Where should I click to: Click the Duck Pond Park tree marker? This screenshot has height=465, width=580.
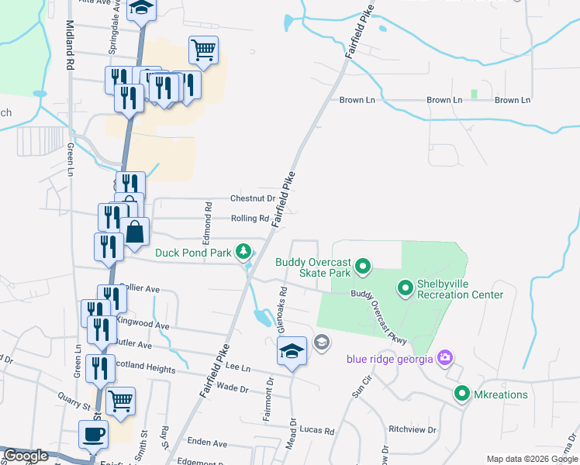[x=244, y=251]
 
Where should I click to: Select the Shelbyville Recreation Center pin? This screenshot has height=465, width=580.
[x=405, y=289]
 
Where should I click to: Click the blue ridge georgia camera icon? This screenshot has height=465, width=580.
[x=445, y=357]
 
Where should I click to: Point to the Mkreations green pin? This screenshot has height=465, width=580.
[x=462, y=394]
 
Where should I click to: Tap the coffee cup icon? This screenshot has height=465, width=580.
[x=94, y=434]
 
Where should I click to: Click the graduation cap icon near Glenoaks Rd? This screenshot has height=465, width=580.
[x=292, y=353]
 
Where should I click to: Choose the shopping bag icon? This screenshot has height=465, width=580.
[x=135, y=232]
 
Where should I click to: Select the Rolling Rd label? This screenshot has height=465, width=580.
[x=249, y=219]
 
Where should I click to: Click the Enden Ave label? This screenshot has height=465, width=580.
[x=209, y=443]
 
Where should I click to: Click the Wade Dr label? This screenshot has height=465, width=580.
[x=232, y=387]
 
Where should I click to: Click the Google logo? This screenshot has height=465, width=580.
[x=26, y=456]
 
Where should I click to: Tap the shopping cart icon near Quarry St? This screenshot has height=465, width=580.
[x=120, y=401]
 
